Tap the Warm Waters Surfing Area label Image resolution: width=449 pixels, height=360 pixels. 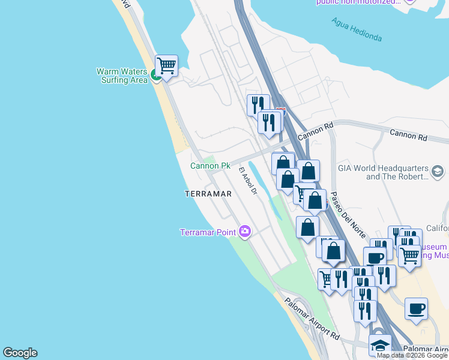pyautogui.click(x=122, y=76)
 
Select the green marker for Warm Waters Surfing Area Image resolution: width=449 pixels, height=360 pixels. pyautogui.click(x=155, y=75)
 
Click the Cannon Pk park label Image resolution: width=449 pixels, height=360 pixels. pyautogui.click(x=210, y=166)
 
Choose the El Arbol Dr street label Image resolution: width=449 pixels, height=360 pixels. pyautogui.click(x=248, y=181)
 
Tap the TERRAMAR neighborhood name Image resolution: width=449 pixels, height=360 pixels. pyautogui.click(x=208, y=194)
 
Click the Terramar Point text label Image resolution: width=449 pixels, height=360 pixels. pyautogui.click(x=208, y=232)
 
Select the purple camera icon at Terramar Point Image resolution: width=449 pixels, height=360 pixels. pyautogui.click(x=244, y=231)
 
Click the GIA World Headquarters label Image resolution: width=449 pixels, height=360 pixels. pyautogui.click(x=383, y=172)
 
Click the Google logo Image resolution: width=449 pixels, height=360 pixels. pyautogui.click(x=20, y=353)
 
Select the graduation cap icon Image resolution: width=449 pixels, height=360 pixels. pyautogui.click(x=380, y=344)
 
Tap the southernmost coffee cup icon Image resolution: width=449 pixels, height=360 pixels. pyautogui.click(x=416, y=308)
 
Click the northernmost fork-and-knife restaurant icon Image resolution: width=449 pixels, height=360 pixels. pyautogui.click(x=258, y=104)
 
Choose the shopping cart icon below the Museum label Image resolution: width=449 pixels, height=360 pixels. pyautogui.click(x=409, y=255)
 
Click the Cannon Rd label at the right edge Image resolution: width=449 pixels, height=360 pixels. pyautogui.click(x=408, y=136)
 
